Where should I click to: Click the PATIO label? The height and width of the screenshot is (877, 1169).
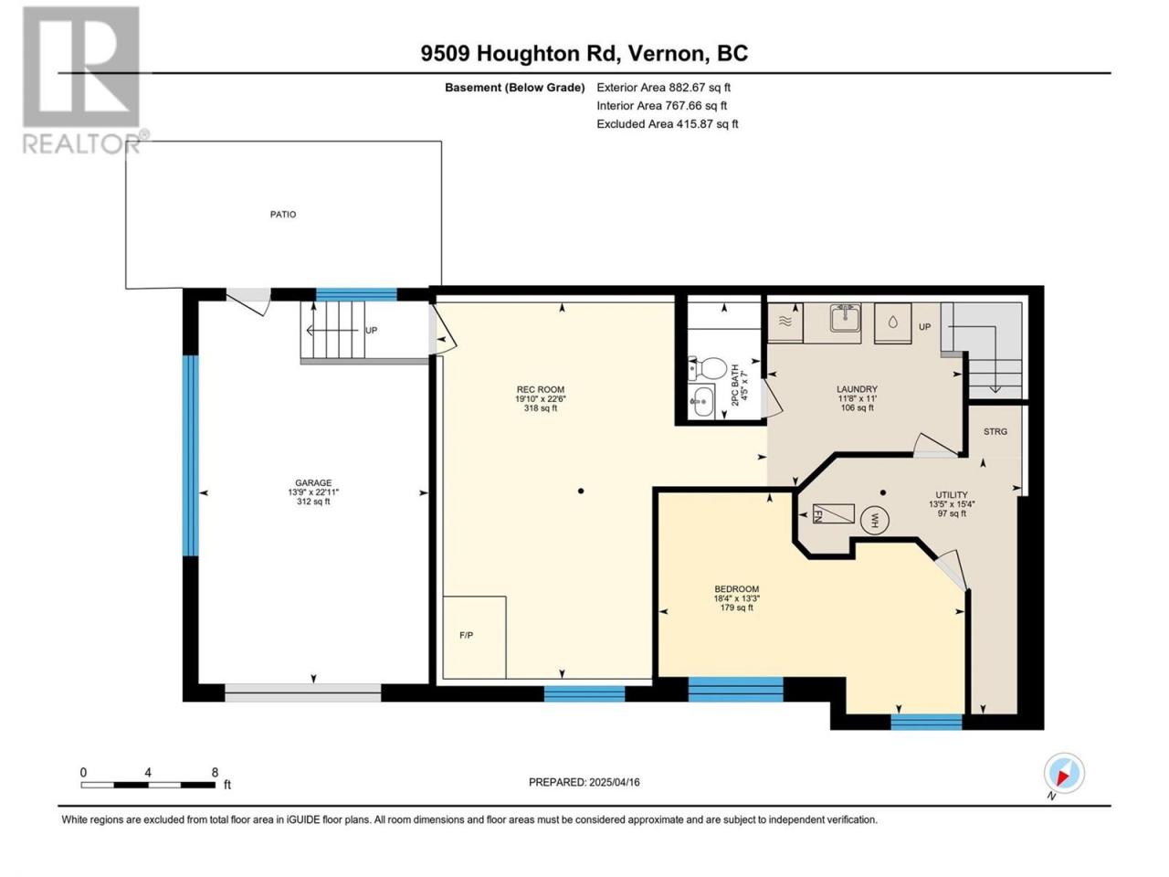click(x=283, y=215)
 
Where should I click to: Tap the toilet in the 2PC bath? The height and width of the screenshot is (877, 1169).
click(x=708, y=368)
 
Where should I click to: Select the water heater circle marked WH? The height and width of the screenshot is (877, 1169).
click(x=875, y=520)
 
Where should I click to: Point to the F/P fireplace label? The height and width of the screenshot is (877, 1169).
click(x=466, y=635)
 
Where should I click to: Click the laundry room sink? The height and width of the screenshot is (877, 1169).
click(x=845, y=320)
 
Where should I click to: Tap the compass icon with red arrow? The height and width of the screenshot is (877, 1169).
click(x=1064, y=773)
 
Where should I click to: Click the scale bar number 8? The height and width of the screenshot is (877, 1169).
click(x=215, y=773)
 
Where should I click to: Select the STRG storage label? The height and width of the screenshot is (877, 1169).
click(x=995, y=432)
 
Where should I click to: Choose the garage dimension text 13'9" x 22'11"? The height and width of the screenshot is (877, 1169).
click(x=313, y=492)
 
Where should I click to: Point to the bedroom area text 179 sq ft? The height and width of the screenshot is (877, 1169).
click(x=736, y=608)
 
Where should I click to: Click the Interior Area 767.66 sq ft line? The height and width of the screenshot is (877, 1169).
click(x=661, y=105)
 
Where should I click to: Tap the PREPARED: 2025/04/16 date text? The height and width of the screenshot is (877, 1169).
click(x=584, y=782)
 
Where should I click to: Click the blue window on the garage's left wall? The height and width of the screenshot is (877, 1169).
click(x=190, y=455)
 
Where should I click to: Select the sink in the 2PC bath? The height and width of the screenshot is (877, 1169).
click(x=700, y=401)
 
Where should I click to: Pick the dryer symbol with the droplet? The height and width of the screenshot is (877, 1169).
click(x=893, y=323)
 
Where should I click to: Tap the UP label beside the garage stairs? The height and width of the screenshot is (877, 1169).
click(x=371, y=330)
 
